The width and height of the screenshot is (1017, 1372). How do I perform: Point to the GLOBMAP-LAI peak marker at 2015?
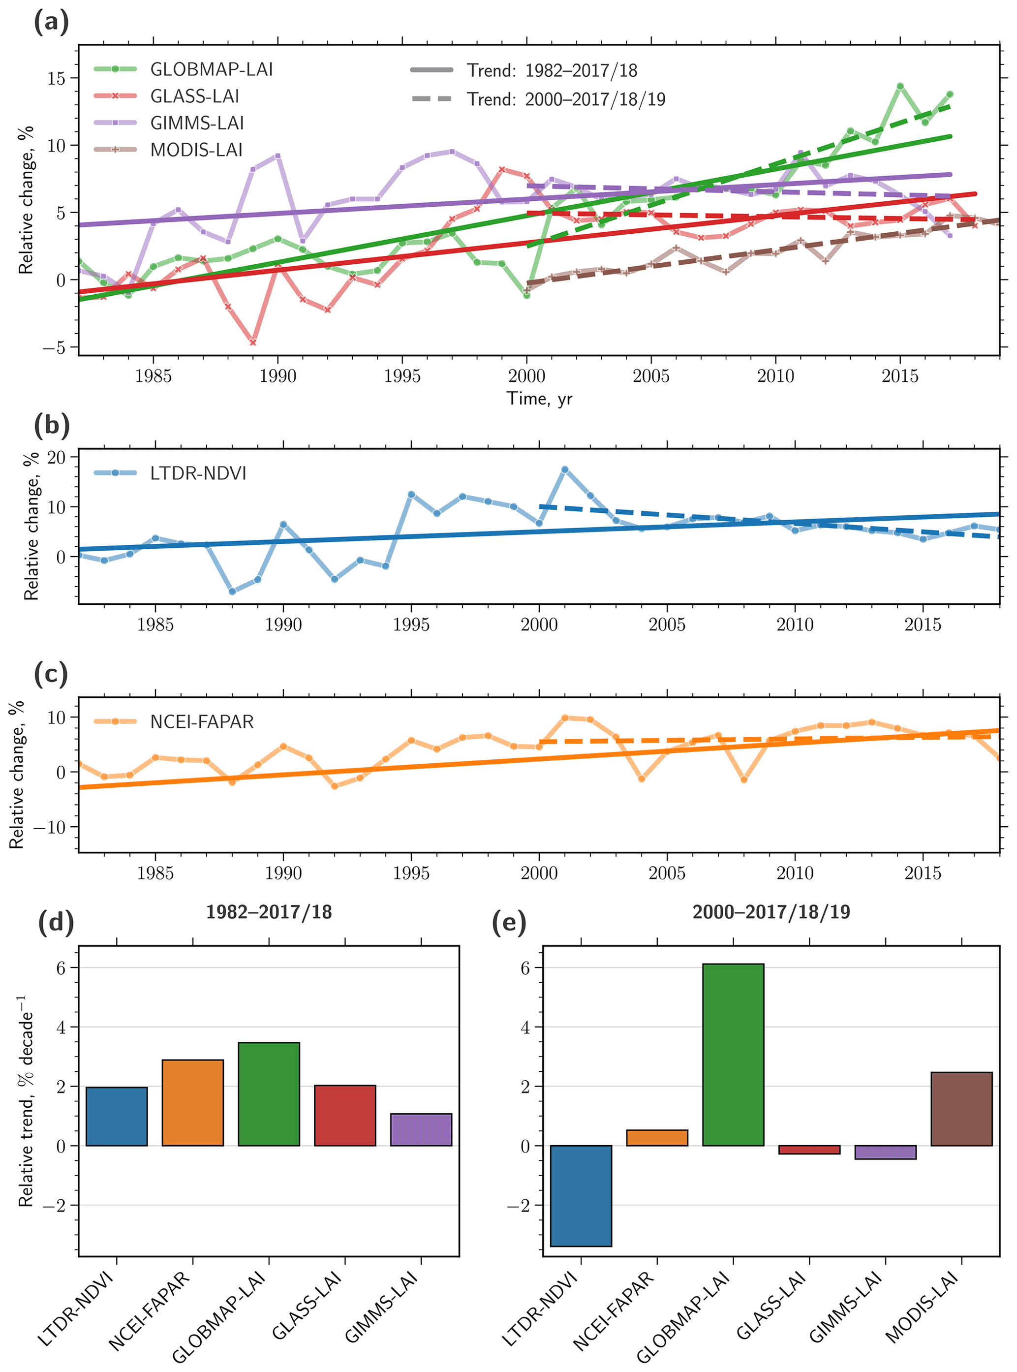[900, 86]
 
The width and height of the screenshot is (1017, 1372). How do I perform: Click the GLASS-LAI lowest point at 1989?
[253, 342]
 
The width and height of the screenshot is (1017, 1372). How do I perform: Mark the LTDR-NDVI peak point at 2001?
[564, 469]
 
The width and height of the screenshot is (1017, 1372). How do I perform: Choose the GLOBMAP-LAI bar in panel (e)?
[733, 1054]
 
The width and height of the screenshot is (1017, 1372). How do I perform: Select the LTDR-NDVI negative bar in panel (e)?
[581, 1195]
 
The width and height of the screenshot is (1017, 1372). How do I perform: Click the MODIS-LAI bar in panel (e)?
[961, 1108]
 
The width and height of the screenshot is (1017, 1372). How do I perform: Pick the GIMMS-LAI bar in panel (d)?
[421, 1129]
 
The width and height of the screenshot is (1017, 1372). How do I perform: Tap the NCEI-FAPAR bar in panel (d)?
[193, 1102]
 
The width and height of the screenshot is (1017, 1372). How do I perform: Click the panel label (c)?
[51, 674]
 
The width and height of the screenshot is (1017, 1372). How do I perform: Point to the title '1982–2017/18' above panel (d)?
[269, 911]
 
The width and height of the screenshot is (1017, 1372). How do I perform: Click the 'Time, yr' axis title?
[539, 399]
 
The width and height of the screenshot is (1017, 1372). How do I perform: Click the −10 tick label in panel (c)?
[48, 827]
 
